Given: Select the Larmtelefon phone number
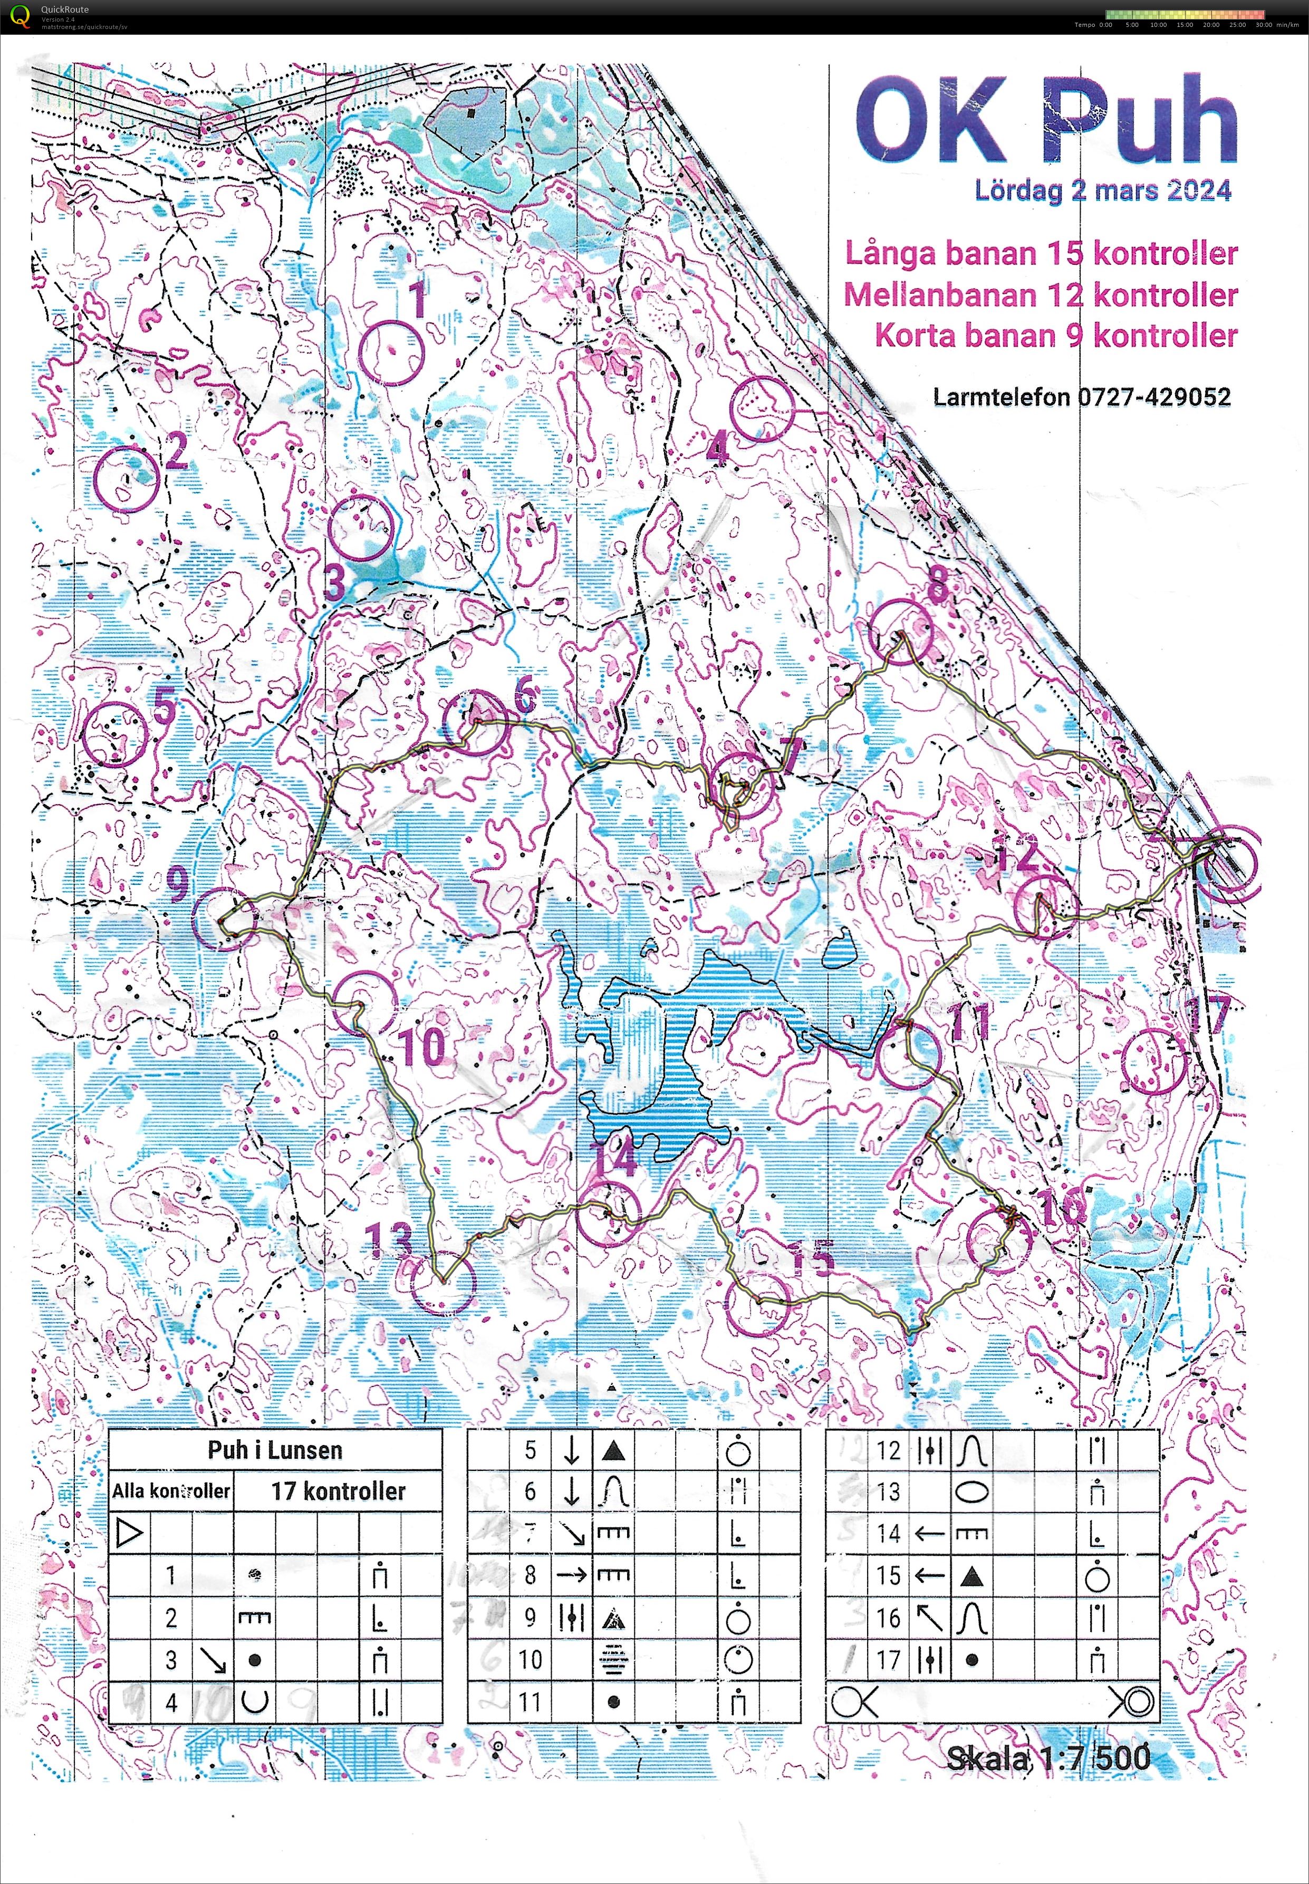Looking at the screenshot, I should [1081, 397].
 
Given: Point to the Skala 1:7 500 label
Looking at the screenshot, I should [1047, 1757].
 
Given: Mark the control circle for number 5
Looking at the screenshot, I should [115, 734].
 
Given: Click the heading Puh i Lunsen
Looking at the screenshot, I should [275, 1450].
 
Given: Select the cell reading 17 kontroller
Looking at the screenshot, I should [338, 1491].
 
